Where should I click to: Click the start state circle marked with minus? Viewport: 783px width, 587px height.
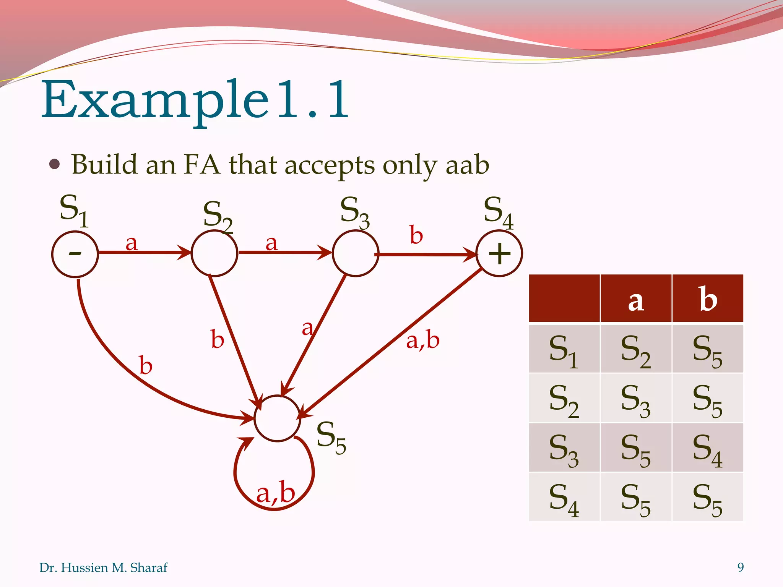click(75, 254)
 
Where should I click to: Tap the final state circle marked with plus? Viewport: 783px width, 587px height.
click(499, 254)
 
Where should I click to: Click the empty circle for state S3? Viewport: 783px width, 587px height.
click(356, 254)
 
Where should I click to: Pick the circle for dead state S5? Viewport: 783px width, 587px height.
click(277, 418)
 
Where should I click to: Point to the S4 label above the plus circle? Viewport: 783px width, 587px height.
click(498, 212)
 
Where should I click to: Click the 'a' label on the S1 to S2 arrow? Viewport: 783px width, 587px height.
click(132, 243)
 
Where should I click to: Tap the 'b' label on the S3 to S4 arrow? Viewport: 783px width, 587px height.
click(416, 235)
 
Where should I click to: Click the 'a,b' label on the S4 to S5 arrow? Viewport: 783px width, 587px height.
click(423, 340)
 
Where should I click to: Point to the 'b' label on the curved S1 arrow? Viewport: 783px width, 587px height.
click(146, 365)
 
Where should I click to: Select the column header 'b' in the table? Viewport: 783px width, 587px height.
click(708, 299)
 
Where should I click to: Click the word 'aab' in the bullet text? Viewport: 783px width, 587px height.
click(467, 165)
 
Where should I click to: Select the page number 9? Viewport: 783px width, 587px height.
click(741, 568)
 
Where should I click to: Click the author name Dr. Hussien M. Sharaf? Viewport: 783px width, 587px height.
click(103, 568)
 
